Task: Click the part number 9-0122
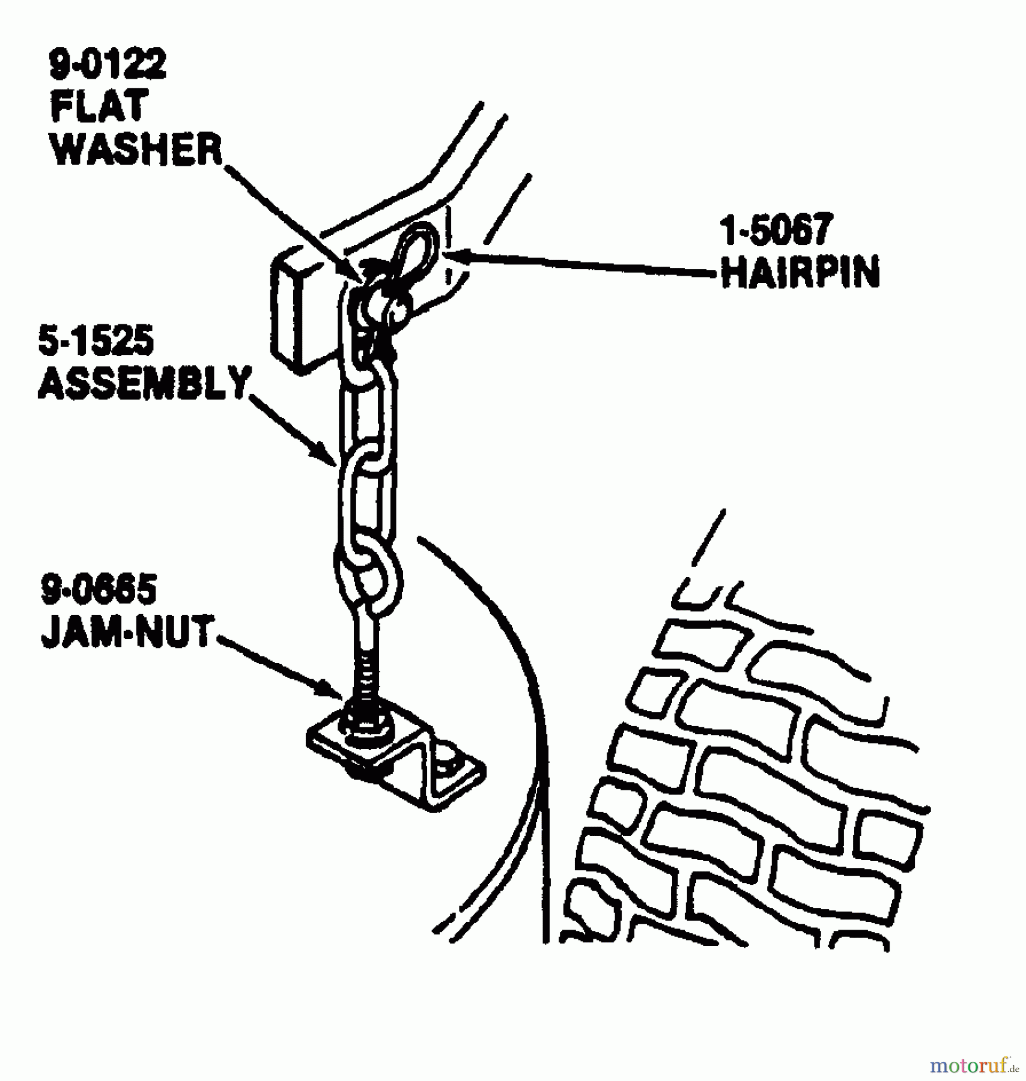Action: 107,66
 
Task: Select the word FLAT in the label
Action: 99,108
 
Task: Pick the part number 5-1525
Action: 96,343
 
